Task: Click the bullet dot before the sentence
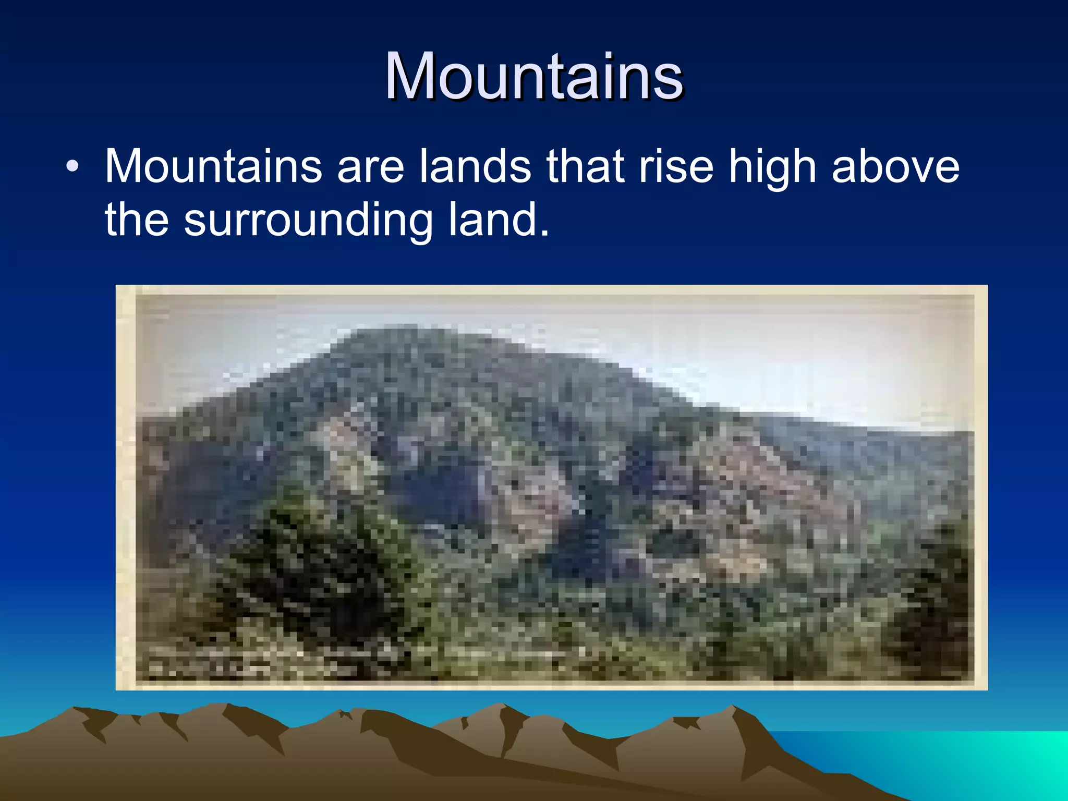click(x=72, y=167)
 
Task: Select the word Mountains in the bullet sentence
click(x=213, y=167)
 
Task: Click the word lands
click(x=475, y=167)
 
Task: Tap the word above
click(x=895, y=167)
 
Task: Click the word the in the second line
click(x=137, y=220)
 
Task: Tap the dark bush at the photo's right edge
click(x=933, y=600)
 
